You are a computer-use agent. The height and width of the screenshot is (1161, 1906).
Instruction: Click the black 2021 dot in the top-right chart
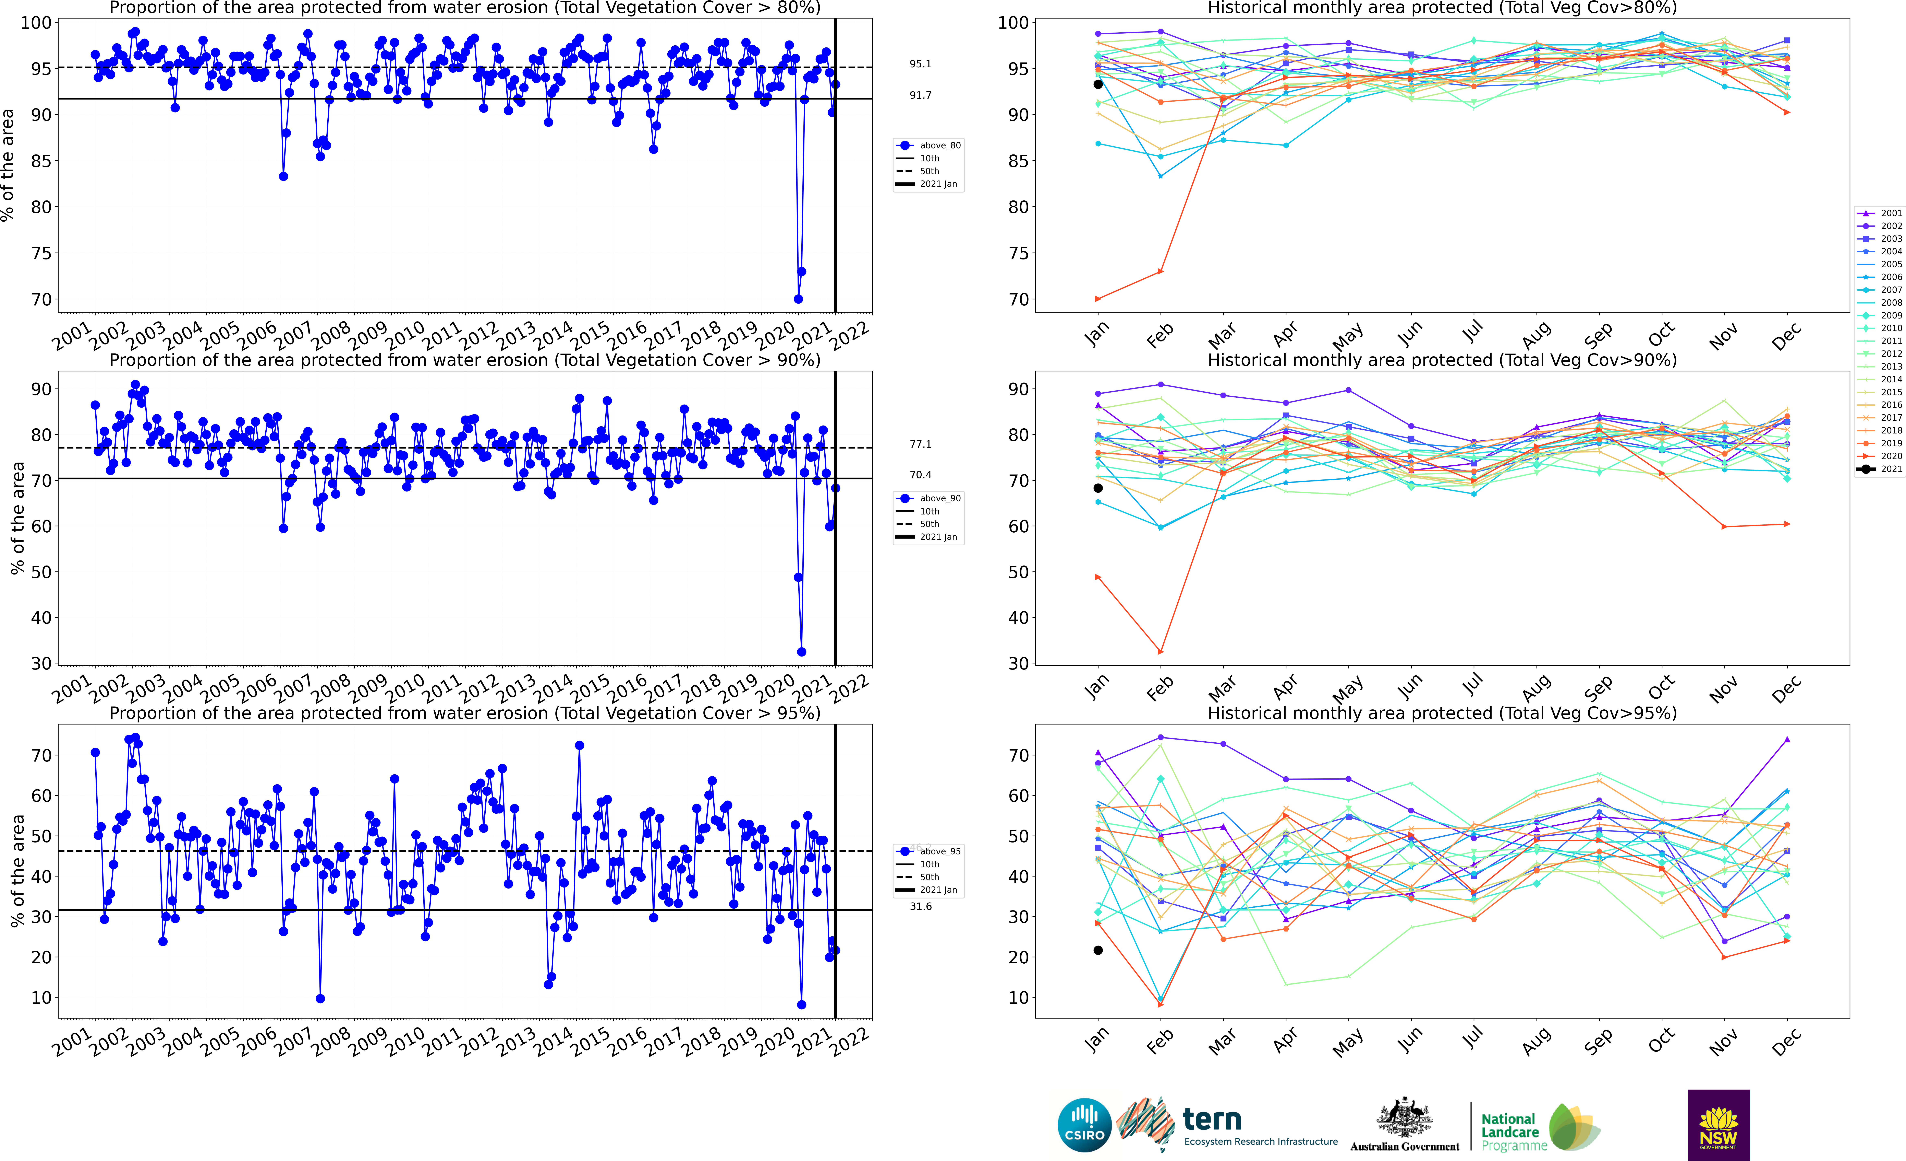[x=1098, y=84]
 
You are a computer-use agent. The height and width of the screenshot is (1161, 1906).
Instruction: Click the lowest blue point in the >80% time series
[x=798, y=299]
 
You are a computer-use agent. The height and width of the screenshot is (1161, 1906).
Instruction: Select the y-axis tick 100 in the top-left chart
[x=36, y=22]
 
